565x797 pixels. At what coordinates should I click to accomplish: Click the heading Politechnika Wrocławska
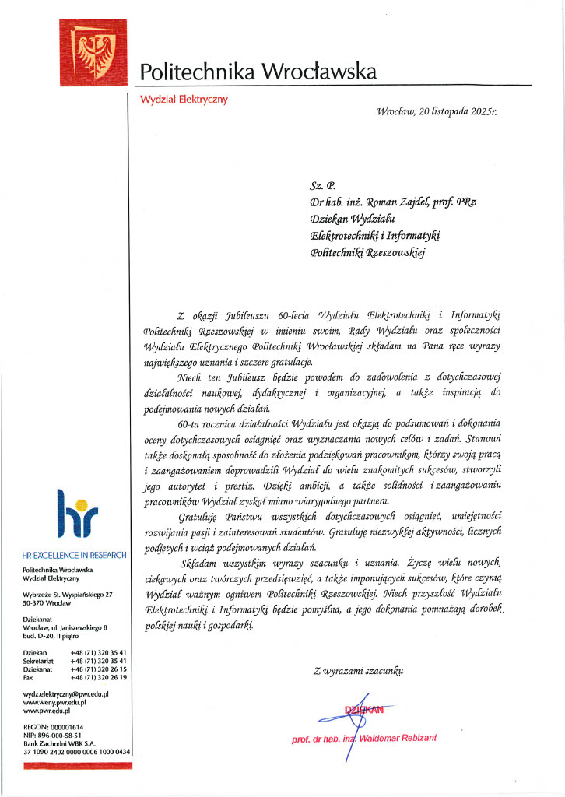tap(257, 72)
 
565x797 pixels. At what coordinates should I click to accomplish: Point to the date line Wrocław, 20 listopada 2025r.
tap(436, 112)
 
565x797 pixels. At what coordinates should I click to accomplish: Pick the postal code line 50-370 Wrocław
tap(52, 603)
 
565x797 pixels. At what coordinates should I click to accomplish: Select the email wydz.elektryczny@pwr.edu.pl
tap(66, 693)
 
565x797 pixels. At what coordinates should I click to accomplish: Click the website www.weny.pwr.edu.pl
tap(54, 702)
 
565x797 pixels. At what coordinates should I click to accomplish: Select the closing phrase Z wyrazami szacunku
tap(358, 670)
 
